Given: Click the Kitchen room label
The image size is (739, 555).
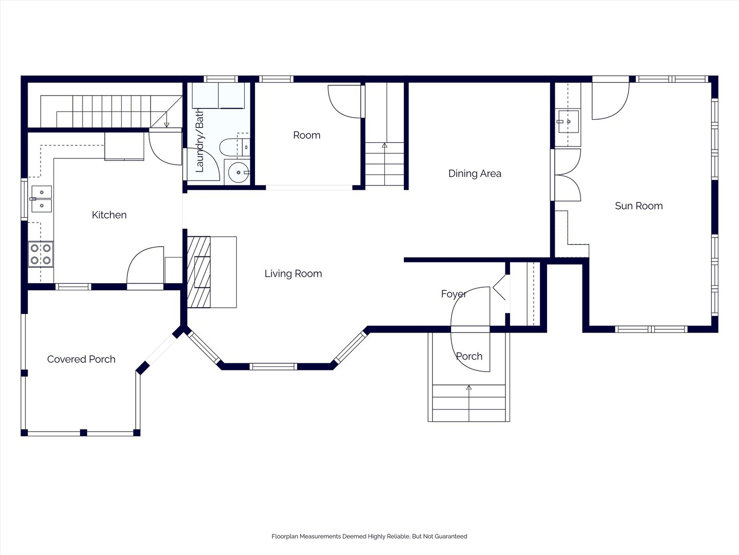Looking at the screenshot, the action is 109,215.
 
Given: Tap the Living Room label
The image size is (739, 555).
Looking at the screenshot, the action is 293,273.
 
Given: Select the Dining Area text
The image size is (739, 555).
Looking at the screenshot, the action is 475,174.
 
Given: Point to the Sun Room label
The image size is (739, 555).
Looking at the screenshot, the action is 639,206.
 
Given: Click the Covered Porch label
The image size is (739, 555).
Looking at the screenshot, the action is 81,359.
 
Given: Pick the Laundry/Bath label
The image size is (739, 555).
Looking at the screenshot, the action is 200,140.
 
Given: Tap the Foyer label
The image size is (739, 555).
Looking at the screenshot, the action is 454,294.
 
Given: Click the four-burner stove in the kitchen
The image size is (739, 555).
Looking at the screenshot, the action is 41,254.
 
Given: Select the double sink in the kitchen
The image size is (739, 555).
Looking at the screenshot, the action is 42,199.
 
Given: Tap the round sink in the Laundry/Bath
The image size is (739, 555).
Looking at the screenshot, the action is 239,173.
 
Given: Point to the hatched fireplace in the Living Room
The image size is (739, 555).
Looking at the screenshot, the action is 199,272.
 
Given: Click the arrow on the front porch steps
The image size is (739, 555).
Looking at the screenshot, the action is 469,403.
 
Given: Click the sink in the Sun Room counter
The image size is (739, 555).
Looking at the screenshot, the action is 568,121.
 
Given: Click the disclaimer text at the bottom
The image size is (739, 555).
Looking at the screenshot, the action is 369,536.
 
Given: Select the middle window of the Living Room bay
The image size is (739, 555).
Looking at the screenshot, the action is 274,366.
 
